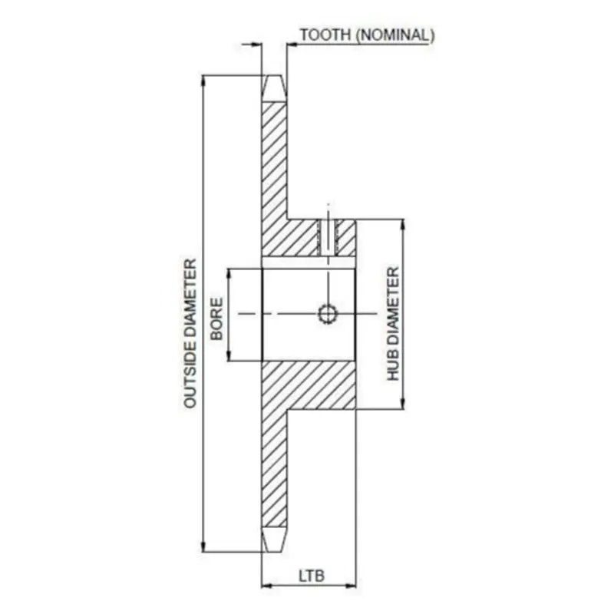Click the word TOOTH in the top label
(x=325, y=35)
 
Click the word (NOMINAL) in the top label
(x=395, y=35)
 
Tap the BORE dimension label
(x=216, y=319)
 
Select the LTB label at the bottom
(x=312, y=576)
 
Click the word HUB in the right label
(x=393, y=366)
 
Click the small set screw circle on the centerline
(x=328, y=314)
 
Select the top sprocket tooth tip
(x=274, y=76)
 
